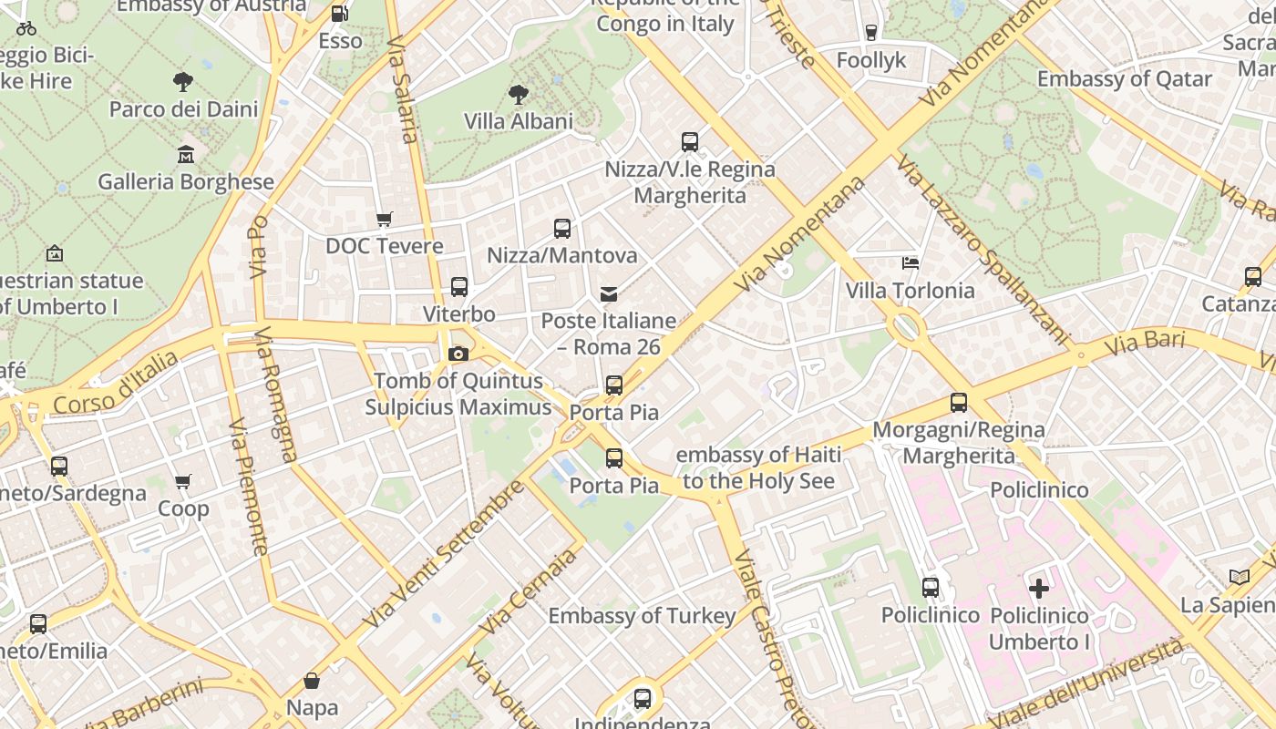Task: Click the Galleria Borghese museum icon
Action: (186, 154)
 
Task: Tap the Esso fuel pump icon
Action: (339, 14)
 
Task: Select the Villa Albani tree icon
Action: (518, 94)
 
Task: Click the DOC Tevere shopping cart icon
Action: (385, 219)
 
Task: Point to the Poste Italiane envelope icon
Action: (608, 293)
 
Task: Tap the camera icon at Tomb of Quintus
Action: (458, 354)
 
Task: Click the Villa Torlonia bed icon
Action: (910, 263)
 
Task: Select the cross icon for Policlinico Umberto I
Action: (1038, 588)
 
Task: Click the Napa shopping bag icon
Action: (312, 680)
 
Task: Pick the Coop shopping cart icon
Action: (183, 481)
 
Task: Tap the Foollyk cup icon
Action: (871, 33)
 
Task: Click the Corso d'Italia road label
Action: (115, 384)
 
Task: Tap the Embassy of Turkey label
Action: (642, 616)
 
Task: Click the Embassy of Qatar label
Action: (1125, 79)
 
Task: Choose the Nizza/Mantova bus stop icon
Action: (562, 229)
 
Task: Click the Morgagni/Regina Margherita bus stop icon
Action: (958, 403)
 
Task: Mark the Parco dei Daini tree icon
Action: (183, 82)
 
